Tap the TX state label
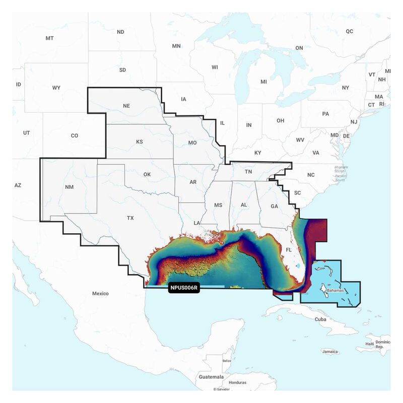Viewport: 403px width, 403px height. [130, 218]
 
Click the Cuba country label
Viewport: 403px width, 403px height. [320, 319]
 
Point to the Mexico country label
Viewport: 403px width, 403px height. [100, 293]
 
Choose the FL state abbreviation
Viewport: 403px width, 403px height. [289, 250]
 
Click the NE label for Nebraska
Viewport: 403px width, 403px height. [126, 106]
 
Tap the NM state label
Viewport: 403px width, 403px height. [69, 187]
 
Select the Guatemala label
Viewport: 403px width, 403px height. [211, 377]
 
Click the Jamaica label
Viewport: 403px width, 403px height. [330, 351]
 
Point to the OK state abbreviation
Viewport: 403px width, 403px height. [147, 174]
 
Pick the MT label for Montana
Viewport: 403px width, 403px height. [49, 38]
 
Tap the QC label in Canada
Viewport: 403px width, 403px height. [350, 31]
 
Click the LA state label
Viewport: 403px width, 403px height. [198, 223]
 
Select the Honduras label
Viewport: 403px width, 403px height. [238, 382]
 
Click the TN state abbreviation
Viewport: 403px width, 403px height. [248, 172]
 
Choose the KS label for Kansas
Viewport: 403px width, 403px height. [140, 142]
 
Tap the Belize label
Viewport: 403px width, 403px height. [227, 361]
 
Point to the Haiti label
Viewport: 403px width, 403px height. [370, 344]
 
